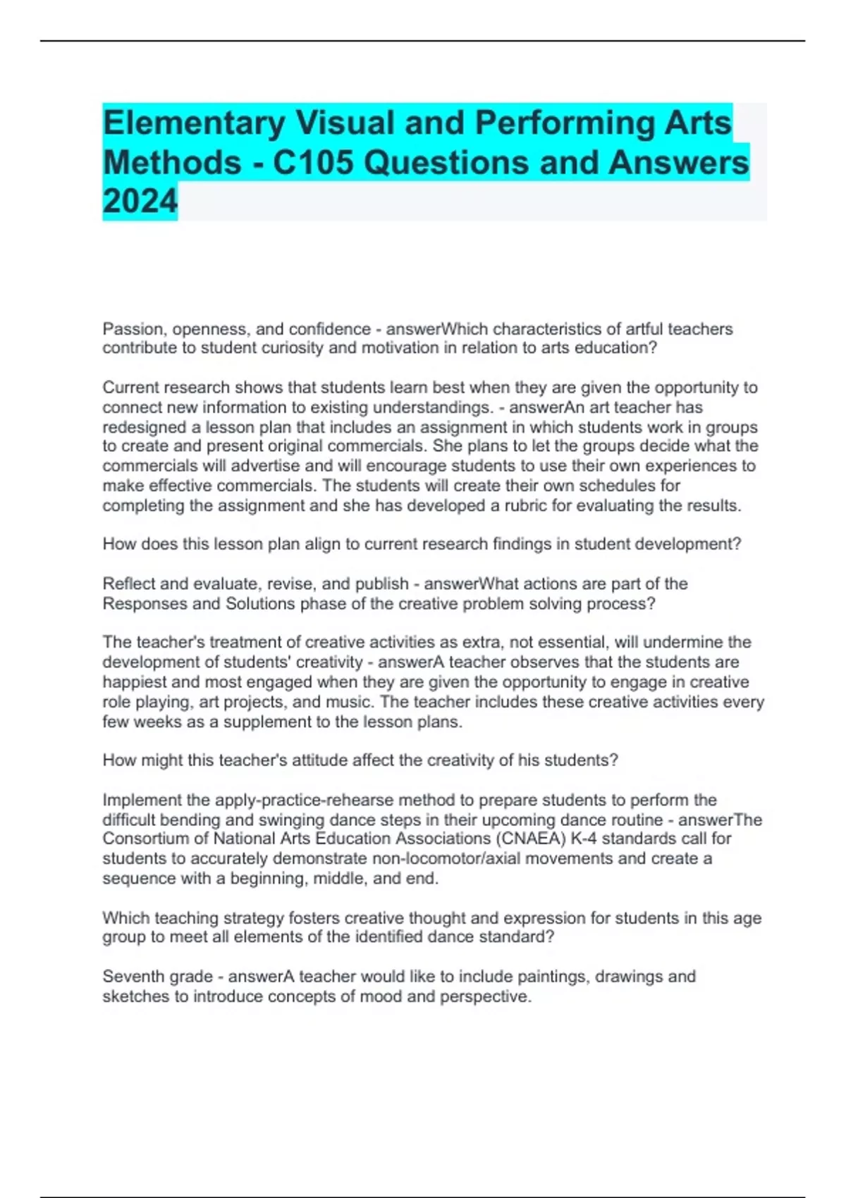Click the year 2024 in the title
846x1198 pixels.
pyautogui.click(x=140, y=202)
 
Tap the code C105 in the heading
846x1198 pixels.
pyautogui.click(x=312, y=163)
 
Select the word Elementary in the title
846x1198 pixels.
pyautogui.click(x=193, y=123)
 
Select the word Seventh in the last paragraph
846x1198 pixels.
pyautogui.click(x=130, y=977)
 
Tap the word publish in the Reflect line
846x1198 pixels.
pyautogui.click(x=381, y=583)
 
